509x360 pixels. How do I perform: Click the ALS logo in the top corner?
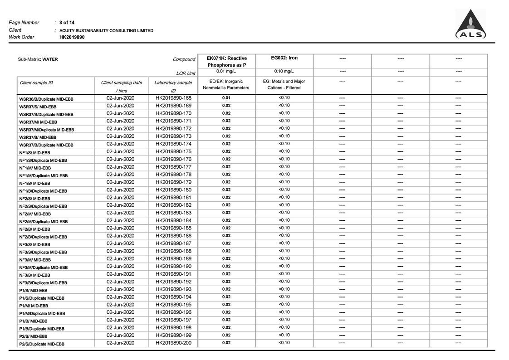(470, 25)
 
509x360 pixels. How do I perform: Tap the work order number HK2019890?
(72, 37)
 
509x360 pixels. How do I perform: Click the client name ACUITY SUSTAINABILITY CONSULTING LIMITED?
(106, 30)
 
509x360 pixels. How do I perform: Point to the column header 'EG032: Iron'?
(284, 58)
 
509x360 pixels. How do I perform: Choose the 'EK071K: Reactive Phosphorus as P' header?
(226, 62)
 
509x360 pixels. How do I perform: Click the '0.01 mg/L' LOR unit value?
(226, 72)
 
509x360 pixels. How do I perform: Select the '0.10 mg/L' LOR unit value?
(284, 72)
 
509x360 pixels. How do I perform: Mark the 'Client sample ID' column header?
(36, 83)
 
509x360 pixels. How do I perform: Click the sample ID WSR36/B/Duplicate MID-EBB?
(46, 99)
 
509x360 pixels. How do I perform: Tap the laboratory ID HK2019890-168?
(173, 98)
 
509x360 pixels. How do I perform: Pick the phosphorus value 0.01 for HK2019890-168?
(226, 98)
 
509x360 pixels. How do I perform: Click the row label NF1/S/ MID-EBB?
(34, 153)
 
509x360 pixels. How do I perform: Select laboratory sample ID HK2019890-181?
(173, 198)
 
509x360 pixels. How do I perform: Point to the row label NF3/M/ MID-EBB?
(35, 260)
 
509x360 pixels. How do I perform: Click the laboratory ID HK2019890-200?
(173, 343)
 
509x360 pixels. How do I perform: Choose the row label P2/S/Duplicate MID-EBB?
(41, 344)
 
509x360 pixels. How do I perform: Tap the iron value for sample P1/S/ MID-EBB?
(284, 289)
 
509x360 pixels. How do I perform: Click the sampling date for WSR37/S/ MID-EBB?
(120, 106)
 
